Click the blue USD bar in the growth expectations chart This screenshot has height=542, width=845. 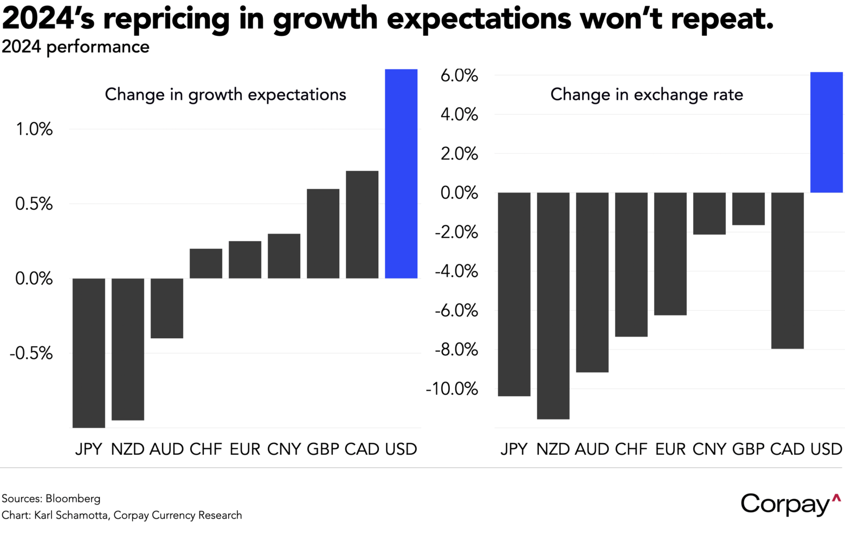(x=401, y=173)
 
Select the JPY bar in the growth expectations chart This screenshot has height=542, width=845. (x=88, y=353)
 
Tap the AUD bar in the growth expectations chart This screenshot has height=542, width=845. (x=166, y=308)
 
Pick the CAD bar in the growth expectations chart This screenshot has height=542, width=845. (x=362, y=224)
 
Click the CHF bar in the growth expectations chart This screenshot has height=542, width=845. (x=206, y=263)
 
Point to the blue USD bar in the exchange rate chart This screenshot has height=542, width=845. (x=826, y=132)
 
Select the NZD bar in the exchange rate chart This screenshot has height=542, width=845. (x=553, y=306)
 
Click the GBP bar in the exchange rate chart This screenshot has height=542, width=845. (x=748, y=209)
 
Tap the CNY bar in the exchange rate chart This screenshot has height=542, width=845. (x=709, y=214)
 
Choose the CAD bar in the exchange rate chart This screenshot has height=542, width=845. (x=787, y=270)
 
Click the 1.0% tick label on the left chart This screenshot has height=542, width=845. (x=34, y=129)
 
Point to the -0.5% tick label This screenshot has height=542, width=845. (x=31, y=353)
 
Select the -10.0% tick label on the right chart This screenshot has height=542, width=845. (x=452, y=389)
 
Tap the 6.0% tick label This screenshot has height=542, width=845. (x=459, y=75)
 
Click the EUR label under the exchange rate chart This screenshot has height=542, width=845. (x=670, y=449)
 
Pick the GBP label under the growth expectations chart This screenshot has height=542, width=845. (x=323, y=449)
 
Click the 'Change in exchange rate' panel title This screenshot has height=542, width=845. (x=647, y=94)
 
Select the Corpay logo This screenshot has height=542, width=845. (x=790, y=504)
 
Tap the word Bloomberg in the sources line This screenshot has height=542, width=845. (x=73, y=498)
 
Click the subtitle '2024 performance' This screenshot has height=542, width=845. (x=76, y=47)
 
